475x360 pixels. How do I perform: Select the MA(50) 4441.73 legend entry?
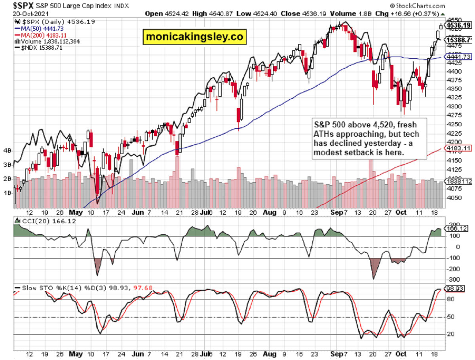(39, 29)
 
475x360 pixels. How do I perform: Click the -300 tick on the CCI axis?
(452, 279)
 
